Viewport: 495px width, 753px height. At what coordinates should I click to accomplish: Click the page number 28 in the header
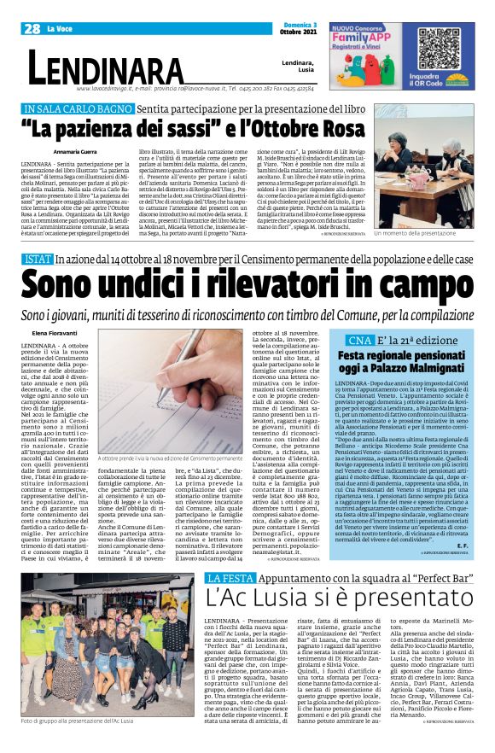click(x=32, y=28)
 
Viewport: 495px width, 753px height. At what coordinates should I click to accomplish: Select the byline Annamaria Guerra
click(x=52, y=150)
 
